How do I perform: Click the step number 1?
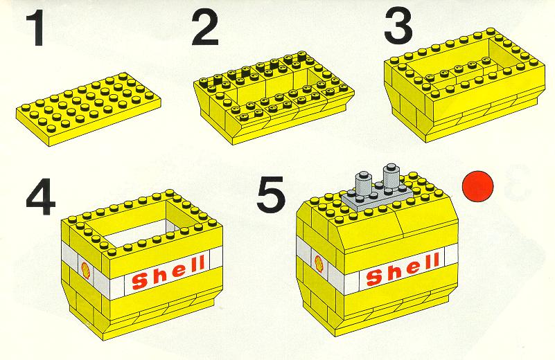click(x=35, y=28)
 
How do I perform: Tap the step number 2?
click(x=205, y=28)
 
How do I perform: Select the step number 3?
click(x=398, y=26)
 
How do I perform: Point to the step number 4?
click(x=41, y=197)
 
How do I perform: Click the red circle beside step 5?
click(x=477, y=186)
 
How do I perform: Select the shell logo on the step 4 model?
click(x=85, y=270)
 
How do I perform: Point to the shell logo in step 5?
click(x=319, y=264)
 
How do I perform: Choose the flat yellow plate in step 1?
click(x=89, y=109)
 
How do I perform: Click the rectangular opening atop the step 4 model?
click(x=138, y=231)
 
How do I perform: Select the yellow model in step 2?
click(x=274, y=97)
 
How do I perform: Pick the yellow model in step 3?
click(x=464, y=85)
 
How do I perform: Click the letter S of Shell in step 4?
click(x=140, y=280)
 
